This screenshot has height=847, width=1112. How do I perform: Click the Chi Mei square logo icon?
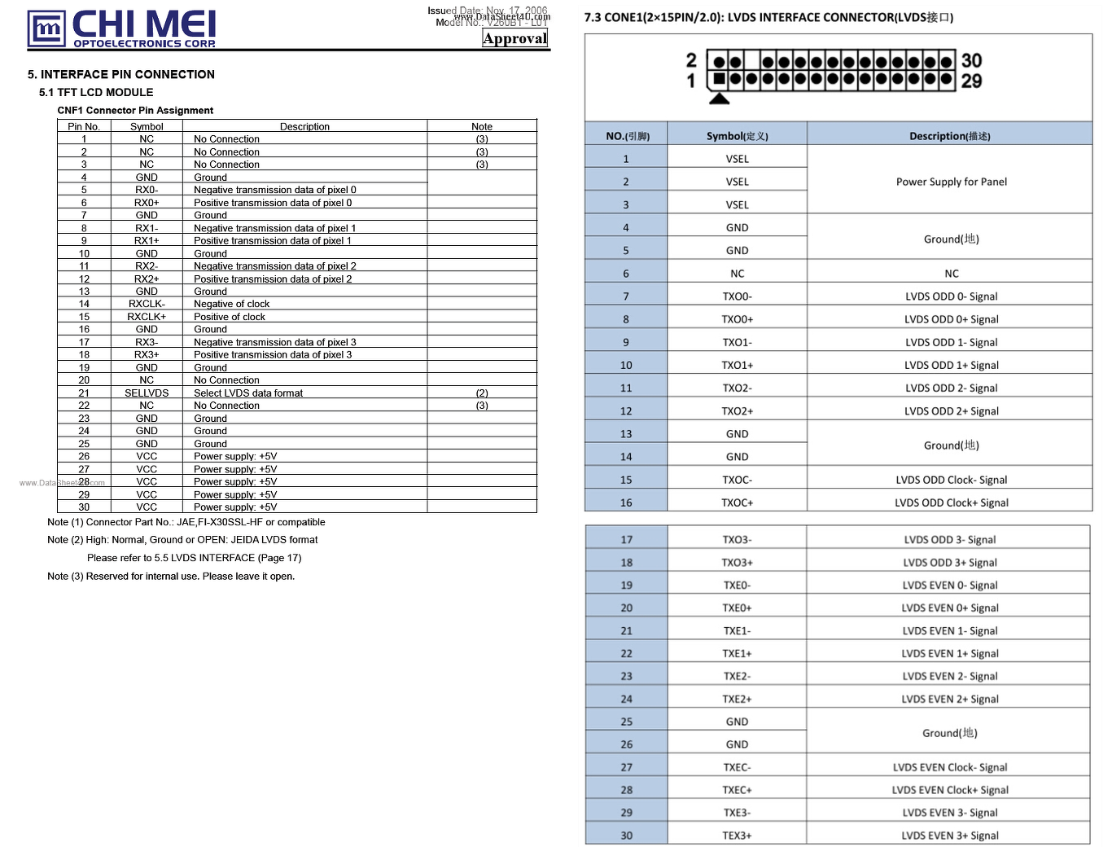point(46,29)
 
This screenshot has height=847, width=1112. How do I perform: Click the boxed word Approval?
point(514,38)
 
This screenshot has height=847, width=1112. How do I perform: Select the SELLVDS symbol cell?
point(147,393)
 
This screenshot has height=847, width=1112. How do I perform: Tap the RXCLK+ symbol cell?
point(147,317)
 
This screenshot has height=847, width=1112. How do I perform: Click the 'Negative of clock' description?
point(231,304)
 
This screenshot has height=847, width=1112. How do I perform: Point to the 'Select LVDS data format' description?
point(248,393)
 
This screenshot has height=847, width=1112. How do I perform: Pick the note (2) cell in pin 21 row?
point(482,393)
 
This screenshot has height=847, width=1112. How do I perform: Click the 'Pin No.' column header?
point(84,126)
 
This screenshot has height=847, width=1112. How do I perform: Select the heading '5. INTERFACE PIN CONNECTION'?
point(121,74)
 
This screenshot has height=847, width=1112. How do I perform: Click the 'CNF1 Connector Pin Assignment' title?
point(135,111)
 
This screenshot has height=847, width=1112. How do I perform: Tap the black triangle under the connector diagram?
point(719,99)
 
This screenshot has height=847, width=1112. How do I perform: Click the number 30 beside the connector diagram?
point(971,61)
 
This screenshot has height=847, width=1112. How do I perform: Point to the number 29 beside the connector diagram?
point(971,81)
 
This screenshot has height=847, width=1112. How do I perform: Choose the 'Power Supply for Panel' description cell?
point(951,182)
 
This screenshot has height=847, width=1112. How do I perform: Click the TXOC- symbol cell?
point(737,480)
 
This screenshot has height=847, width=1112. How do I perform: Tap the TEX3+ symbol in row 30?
point(737,836)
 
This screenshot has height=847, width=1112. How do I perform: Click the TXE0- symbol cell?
point(737,585)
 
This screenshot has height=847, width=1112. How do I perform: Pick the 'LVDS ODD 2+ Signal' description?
point(951,411)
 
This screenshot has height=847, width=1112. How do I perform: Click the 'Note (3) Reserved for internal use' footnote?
point(171,577)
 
